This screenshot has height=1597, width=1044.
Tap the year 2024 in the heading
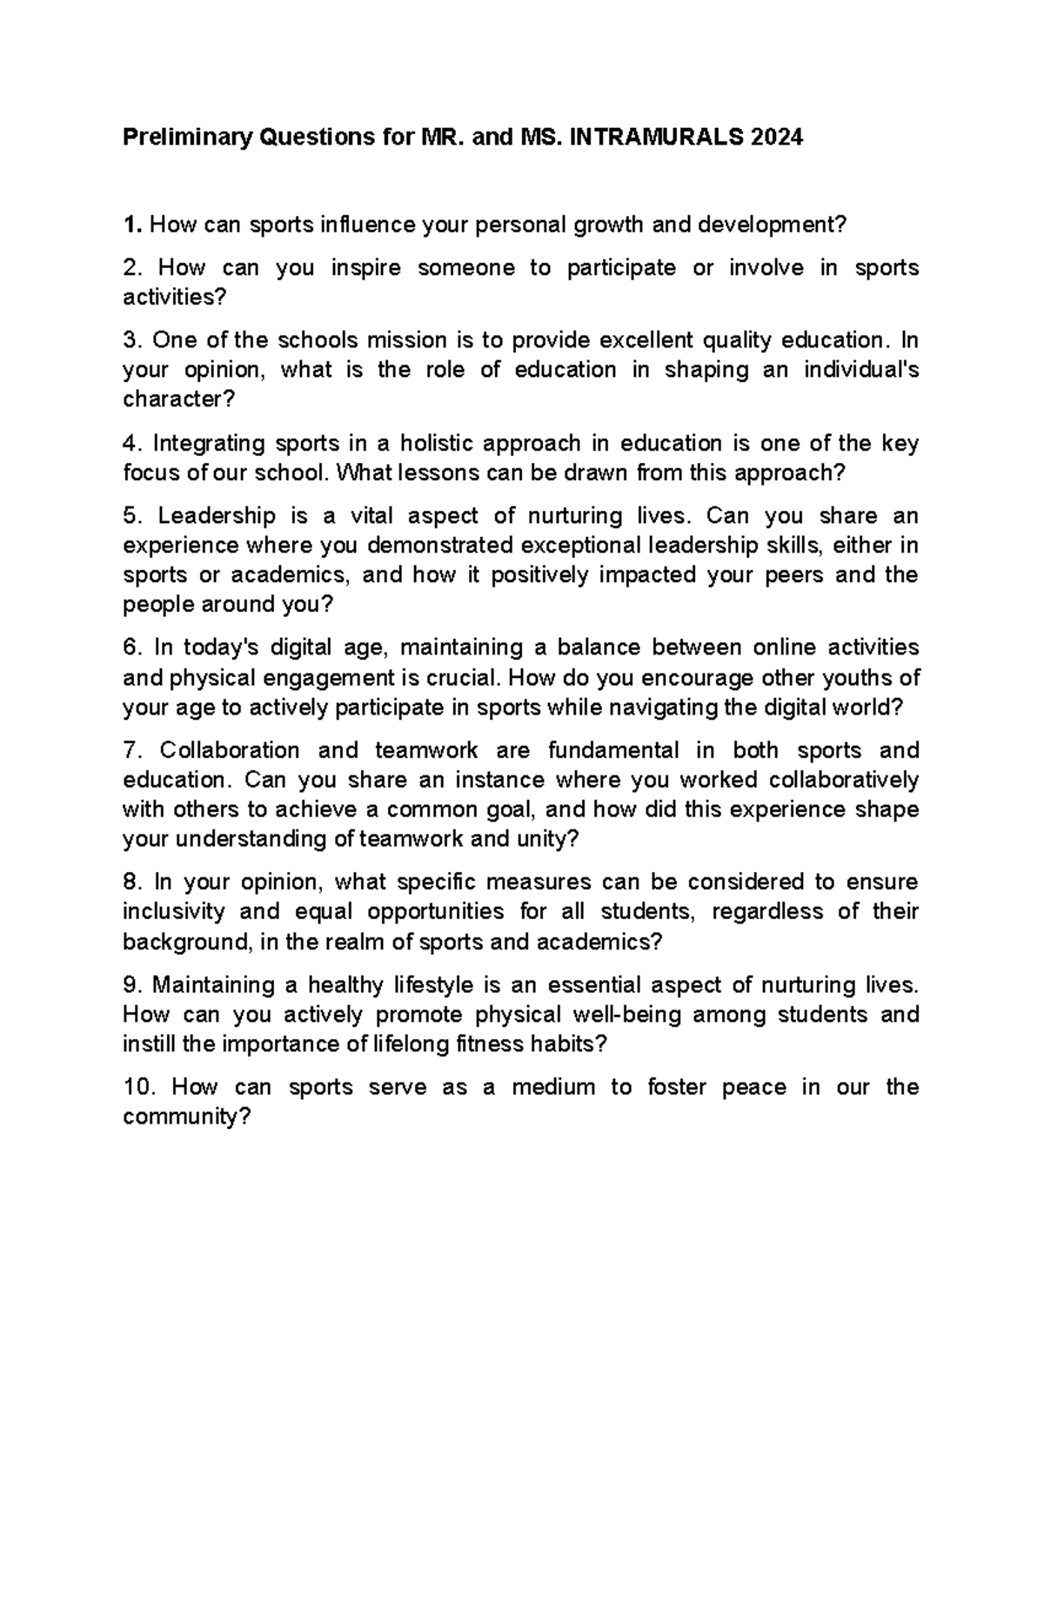point(778,138)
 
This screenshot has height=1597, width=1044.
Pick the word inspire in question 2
point(366,268)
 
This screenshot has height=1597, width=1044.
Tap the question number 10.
point(140,1087)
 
